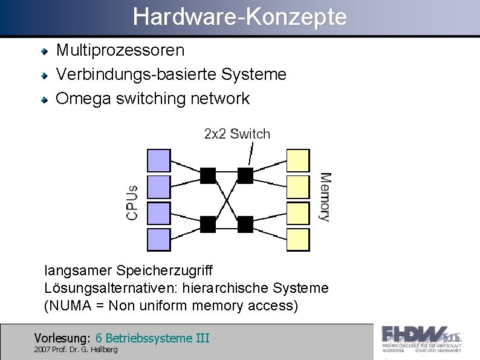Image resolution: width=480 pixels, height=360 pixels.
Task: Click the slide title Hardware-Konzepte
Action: click(240, 17)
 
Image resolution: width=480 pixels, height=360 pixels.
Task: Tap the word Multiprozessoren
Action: click(120, 50)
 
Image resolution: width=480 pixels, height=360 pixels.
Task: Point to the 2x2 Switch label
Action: click(237, 134)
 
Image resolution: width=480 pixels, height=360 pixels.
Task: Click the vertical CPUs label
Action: click(132, 202)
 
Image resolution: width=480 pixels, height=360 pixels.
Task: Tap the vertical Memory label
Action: click(325, 197)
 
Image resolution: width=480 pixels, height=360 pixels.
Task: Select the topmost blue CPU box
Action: click(159, 160)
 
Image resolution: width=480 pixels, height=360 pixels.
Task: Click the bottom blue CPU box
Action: click(159, 240)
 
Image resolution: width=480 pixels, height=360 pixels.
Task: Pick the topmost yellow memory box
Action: click(298, 160)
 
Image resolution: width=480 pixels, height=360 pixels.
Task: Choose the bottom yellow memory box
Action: click(298, 240)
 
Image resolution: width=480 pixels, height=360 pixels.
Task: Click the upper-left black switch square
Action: click(208, 175)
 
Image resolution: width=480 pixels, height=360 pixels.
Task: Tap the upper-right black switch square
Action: click(245, 175)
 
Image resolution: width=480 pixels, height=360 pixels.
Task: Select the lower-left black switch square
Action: click(208, 224)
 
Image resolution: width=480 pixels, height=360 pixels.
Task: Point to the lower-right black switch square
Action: click(245, 224)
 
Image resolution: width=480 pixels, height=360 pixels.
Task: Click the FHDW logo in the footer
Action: click(421, 339)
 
